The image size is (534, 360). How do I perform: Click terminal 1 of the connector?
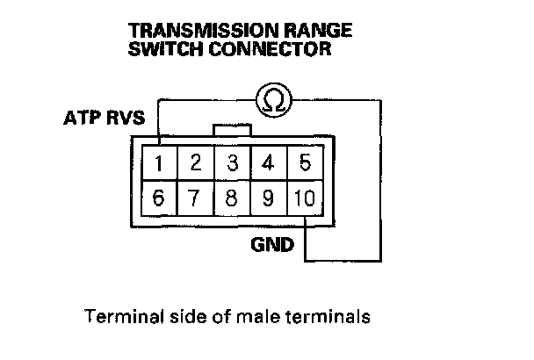[x=159, y=163]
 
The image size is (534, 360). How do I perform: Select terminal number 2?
[x=196, y=163]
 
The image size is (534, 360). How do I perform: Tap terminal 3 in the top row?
[x=232, y=163]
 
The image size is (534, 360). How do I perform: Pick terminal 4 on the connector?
[x=269, y=163]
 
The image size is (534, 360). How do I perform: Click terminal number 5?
[x=305, y=163]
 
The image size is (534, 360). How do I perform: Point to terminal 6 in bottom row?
[x=159, y=198]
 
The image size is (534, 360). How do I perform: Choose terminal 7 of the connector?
[x=196, y=198]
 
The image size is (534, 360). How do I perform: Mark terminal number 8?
[x=232, y=198]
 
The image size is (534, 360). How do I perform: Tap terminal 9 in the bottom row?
[x=269, y=198]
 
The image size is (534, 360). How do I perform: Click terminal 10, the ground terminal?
[x=305, y=198]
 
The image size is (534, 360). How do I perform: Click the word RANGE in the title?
[x=317, y=31]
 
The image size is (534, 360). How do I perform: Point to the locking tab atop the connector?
[x=232, y=130]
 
